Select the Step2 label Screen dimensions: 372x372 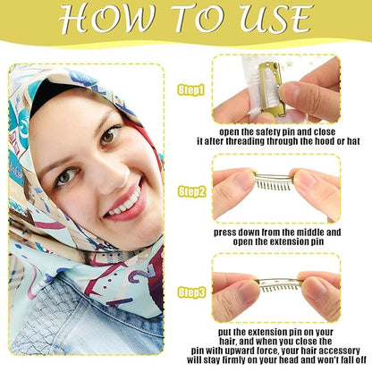point(190,191)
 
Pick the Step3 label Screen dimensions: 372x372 point(190,291)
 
